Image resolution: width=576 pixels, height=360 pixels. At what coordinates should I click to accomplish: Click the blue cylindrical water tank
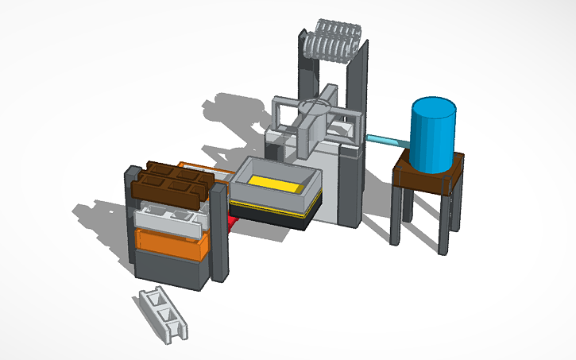pyautogui.click(x=432, y=137)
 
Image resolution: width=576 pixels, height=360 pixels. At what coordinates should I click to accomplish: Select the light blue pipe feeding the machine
pyautogui.click(x=386, y=140)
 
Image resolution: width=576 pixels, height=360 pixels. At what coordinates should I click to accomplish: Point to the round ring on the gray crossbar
pyautogui.click(x=315, y=106)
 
